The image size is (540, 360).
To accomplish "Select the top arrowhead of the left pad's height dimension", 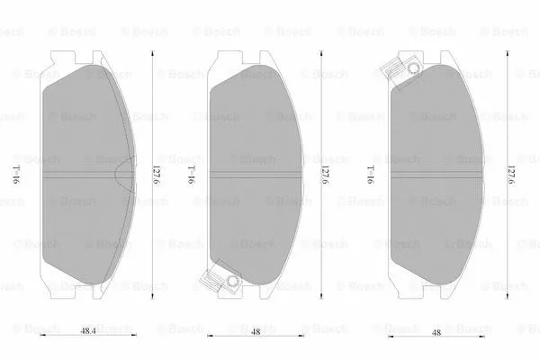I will pos(154,52).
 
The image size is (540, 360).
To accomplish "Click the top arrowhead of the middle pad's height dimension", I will pos(320,52).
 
